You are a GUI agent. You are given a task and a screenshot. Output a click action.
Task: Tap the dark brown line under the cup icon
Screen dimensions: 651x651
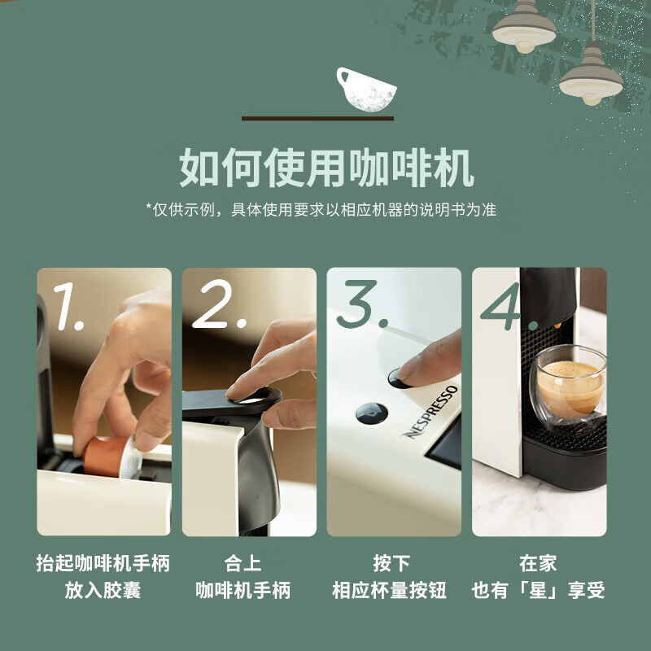pyautogui.click(x=317, y=119)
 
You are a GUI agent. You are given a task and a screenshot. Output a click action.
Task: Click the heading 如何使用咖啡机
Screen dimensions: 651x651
pyautogui.click(x=325, y=168)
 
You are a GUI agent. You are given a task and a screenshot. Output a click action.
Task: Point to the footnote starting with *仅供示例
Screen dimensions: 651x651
pyautogui.click(x=321, y=210)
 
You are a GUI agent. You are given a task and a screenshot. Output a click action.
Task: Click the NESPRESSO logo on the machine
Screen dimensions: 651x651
pyautogui.click(x=431, y=412)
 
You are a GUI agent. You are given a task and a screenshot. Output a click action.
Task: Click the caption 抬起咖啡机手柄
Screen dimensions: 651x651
pyautogui.click(x=103, y=563)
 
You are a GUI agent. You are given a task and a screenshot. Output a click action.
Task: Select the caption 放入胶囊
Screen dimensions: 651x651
pyautogui.click(x=103, y=591)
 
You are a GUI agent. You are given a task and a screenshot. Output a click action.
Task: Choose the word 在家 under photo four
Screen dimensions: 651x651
pyautogui.click(x=538, y=563)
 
